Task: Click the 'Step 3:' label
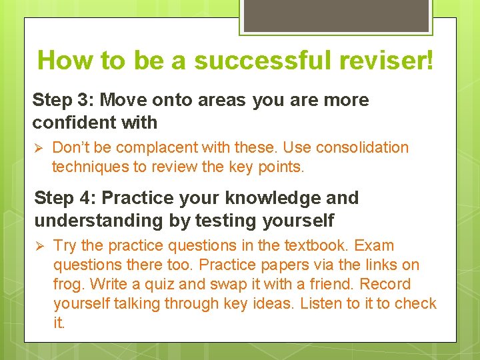point(63,100)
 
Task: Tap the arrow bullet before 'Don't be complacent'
point(38,147)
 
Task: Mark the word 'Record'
point(385,284)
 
